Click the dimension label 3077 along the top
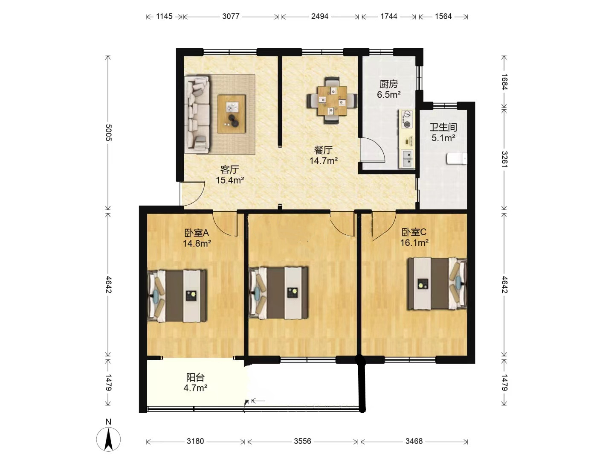[231, 17]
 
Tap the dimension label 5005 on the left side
[108, 132]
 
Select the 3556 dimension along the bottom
[302, 441]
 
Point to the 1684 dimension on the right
[504, 82]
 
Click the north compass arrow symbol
[109, 440]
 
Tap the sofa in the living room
[197, 114]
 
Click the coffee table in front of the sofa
[232, 114]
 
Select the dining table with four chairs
[332, 100]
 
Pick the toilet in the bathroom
[457, 158]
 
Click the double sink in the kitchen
[407, 159]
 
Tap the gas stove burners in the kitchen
[407, 119]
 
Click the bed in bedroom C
[437, 283]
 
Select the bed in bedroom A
[177, 296]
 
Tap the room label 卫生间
[443, 127]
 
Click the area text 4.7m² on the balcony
[195, 388]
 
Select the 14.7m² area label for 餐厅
[323, 160]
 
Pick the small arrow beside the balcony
[258, 401]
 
